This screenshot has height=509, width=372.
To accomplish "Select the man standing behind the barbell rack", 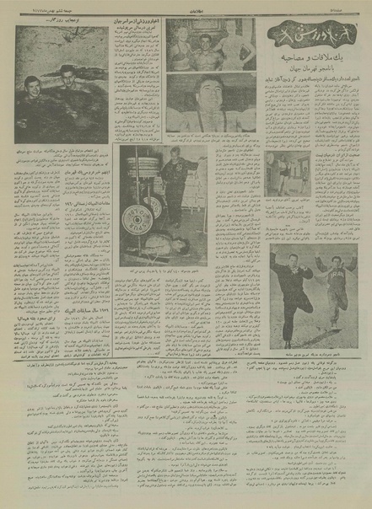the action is point(180,185).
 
